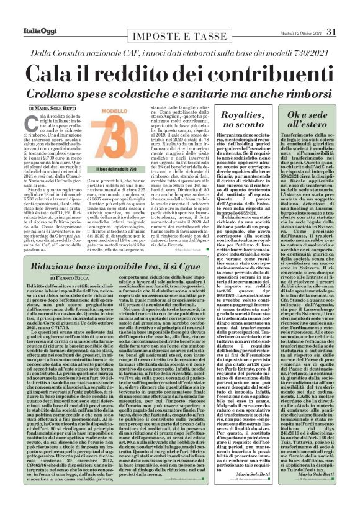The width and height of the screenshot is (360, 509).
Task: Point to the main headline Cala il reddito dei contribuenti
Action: coord(179,71)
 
